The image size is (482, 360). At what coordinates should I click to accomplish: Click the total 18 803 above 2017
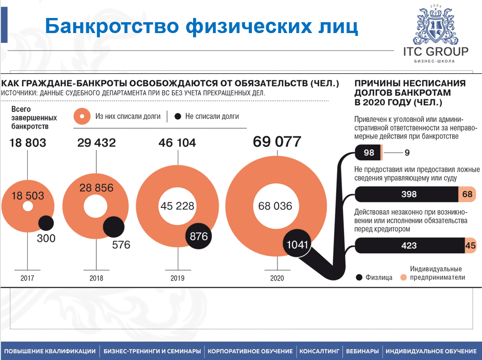click(x=28, y=142)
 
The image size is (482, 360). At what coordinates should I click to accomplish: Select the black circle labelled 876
click(x=199, y=236)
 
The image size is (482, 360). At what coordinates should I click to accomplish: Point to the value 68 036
click(x=275, y=206)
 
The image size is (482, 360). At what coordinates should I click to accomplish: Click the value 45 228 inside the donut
click(x=178, y=206)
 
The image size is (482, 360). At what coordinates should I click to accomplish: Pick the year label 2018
click(x=96, y=278)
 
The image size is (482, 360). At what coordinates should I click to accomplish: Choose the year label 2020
click(x=277, y=278)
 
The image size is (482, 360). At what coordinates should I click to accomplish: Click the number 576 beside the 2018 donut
click(x=121, y=245)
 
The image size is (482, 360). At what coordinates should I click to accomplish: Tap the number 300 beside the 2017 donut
click(x=46, y=239)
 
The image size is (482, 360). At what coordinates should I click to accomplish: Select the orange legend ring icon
click(x=82, y=116)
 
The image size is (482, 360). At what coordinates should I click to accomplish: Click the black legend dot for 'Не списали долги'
click(x=178, y=116)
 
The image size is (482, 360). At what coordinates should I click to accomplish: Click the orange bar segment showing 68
click(x=467, y=194)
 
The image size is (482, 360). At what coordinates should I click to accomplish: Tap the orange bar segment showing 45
click(x=470, y=245)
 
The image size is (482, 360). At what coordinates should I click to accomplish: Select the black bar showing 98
click(x=369, y=153)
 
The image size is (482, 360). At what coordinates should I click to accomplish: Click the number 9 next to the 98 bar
click(x=407, y=153)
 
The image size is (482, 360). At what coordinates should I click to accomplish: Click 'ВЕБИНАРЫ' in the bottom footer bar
click(x=362, y=351)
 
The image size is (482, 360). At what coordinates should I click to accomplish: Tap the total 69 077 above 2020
click(x=277, y=141)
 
